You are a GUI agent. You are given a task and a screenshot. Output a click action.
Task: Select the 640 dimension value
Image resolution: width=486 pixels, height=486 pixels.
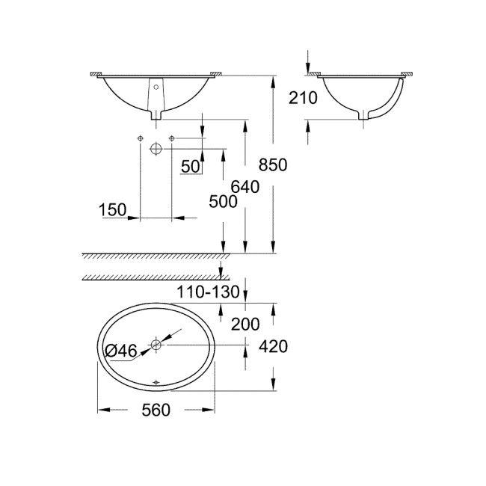point(245,187)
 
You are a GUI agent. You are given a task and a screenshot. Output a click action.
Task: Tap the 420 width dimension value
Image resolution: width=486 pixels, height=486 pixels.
point(274,346)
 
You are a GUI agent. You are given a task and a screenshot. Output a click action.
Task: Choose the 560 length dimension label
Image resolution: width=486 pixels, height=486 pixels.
point(156,410)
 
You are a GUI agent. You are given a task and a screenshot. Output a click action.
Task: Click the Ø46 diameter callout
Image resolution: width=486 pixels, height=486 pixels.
point(120,348)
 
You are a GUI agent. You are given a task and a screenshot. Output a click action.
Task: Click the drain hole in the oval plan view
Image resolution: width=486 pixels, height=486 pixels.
point(156,345)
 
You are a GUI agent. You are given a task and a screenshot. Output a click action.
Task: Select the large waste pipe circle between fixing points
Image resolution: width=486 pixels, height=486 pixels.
point(156,148)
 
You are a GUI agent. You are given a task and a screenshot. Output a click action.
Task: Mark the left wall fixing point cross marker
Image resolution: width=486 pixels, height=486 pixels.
point(139,138)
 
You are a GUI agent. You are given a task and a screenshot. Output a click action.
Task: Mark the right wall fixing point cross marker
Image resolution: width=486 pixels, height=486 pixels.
point(172,138)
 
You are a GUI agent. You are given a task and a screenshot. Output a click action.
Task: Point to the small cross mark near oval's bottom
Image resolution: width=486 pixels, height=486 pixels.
point(156,383)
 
